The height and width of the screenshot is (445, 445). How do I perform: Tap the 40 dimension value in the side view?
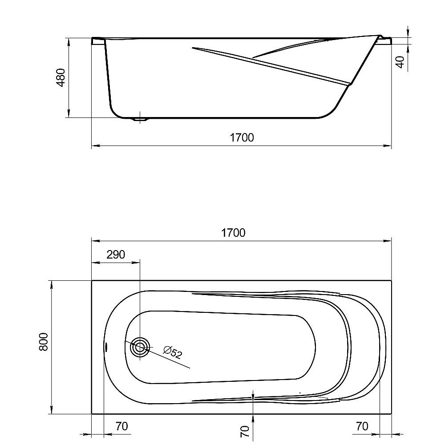tap(400, 62)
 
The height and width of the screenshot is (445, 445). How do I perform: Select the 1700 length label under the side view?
tap(242, 138)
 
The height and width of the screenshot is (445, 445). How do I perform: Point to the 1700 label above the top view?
tap(233, 233)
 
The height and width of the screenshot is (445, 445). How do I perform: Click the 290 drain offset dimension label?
tap(116, 255)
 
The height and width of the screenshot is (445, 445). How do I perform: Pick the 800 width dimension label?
tap(43, 342)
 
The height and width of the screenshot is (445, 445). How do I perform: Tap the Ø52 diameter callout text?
tap(172, 352)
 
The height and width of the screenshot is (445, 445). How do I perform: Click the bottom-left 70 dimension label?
tap(121, 426)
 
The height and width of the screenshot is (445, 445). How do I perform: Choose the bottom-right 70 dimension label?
tap(362, 426)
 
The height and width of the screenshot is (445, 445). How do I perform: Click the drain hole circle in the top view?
tap(140, 347)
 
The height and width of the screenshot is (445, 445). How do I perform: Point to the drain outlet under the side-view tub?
tap(141, 119)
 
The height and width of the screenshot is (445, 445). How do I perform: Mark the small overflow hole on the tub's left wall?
tap(106, 347)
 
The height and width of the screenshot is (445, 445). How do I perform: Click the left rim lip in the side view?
tap(97, 41)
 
